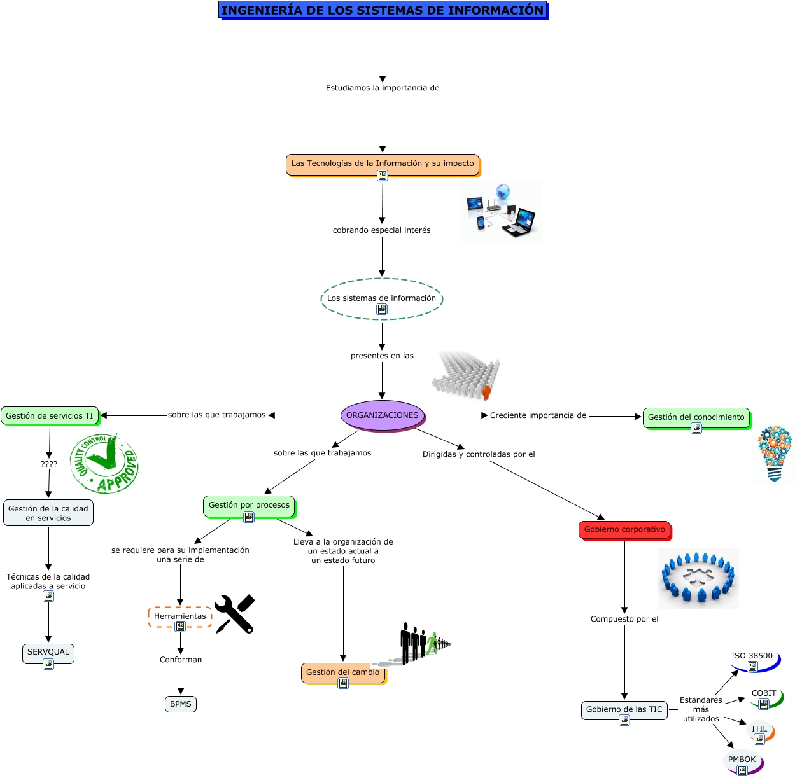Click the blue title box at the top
pyautogui.click(x=383, y=10)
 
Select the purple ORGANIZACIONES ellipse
pyautogui.click(x=383, y=415)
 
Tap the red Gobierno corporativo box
pyautogui.click(x=624, y=529)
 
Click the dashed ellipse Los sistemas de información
pyautogui.click(x=382, y=298)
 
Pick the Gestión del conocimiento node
pyautogui.click(x=696, y=417)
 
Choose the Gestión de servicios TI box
pyautogui.click(x=50, y=416)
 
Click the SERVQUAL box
pyautogui.click(x=48, y=652)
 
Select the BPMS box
pyautogui.click(x=181, y=704)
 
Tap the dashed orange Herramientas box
pyautogui.click(x=180, y=616)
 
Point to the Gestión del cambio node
pyautogui.click(x=343, y=672)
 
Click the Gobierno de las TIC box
pyautogui.click(x=624, y=709)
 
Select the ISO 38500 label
pyautogui.click(x=752, y=656)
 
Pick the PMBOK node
pyautogui.click(x=742, y=760)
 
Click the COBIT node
pyautogui.click(x=764, y=693)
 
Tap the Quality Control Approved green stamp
pyautogui.click(x=104, y=464)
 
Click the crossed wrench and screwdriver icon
pyautogui.click(x=235, y=614)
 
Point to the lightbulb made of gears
pyautogui.click(x=775, y=454)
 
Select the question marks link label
pyautogui.click(x=49, y=464)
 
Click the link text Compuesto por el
pyautogui.click(x=624, y=619)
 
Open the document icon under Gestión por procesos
pyautogui.click(x=249, y=517)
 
